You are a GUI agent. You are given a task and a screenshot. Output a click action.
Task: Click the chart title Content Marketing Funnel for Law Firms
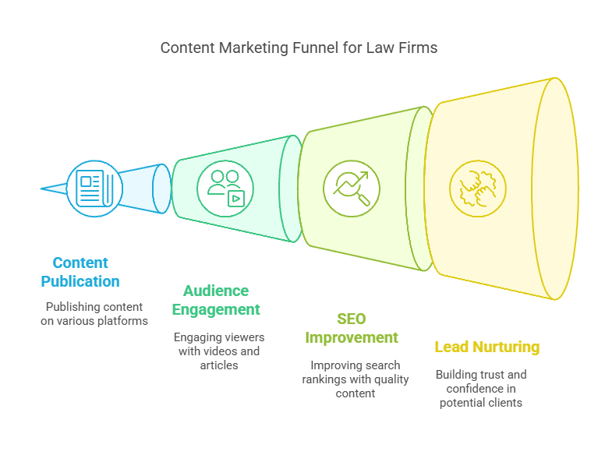coord(299,48)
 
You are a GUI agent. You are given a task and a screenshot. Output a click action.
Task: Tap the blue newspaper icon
coord(94,189)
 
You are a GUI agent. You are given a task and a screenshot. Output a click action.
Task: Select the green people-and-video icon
coord(225,189)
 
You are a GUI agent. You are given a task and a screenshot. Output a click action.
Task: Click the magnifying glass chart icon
coord(351,189)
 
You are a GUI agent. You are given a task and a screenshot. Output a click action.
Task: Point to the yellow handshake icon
coord(477,189)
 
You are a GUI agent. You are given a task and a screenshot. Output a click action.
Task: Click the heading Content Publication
coord(80,272)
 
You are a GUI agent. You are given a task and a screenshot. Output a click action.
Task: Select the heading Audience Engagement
coord(216,300)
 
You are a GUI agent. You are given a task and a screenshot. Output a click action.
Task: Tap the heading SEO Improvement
coord(351,328)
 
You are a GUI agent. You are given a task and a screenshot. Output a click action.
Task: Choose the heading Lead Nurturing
coord(487,347)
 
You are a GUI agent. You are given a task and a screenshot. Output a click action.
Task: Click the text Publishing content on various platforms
coord(94,313)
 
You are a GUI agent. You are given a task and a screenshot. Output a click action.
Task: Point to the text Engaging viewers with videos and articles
coord(219,351)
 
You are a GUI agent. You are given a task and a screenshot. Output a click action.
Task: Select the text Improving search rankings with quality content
coord(355,379)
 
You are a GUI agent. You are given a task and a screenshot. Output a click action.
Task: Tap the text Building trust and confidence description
coord(481,389)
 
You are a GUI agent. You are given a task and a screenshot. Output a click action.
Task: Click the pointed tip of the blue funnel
coord(44,189)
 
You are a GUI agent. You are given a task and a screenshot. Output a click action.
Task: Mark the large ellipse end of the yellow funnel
coord(555,189)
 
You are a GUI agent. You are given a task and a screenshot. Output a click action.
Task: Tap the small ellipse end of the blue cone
coord(161,189)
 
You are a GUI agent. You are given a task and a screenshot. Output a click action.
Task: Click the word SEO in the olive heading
coord(351,319)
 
